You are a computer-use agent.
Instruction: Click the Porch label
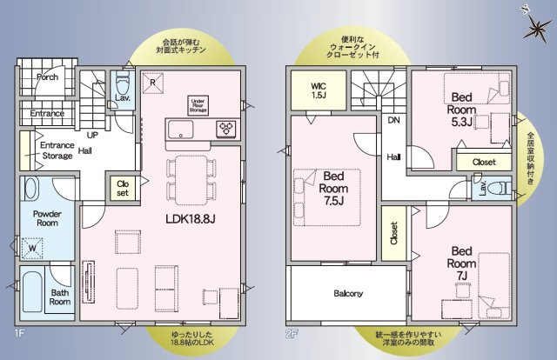(x=47, y=77)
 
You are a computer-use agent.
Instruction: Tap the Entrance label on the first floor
(x=47, y=114)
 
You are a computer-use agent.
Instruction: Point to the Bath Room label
(x=59, y=298)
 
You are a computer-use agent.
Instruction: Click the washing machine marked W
(x=33, y=248)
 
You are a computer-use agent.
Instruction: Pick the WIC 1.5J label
(x=321, y=90)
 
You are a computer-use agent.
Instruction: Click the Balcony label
(x=348, y=293)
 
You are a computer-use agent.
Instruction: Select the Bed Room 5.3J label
(x=460, y=110)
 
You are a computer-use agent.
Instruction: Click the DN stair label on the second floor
(x=393, y=121)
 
